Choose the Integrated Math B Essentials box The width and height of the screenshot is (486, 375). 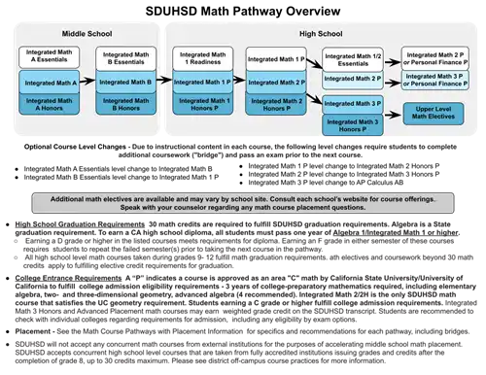(125, 60)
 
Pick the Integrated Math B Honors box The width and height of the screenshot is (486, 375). (125, 104)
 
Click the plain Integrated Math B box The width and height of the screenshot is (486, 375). (125, 83)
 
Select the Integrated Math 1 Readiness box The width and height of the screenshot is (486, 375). (202, 60)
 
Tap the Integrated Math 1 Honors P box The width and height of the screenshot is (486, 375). (202, 105)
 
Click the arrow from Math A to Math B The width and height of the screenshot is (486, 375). (87, 83)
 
